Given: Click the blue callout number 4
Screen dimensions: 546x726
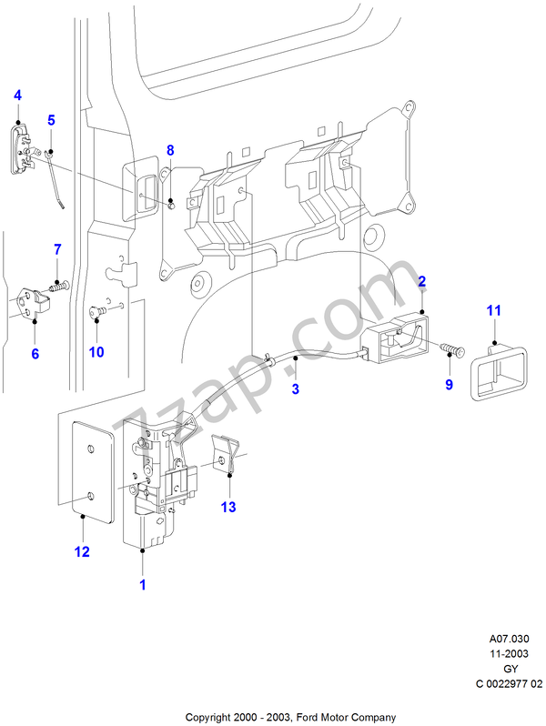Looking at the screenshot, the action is click(17, 96).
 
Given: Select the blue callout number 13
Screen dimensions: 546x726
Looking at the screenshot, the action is click(228, 507).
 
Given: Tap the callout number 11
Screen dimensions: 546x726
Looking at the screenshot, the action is click(494, 310).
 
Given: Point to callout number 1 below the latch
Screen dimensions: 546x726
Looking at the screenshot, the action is click(143, 585).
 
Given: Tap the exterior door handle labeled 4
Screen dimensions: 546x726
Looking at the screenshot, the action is click(21, 148).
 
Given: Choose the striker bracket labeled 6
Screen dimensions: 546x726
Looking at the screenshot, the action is click(34, 303).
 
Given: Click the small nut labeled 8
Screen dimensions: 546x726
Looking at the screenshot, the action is click(170, 204).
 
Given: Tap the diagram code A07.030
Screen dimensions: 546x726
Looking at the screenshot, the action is click(509, 639).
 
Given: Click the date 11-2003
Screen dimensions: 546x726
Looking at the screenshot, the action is click(509, 654).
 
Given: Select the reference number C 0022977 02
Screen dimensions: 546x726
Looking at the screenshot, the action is click(509, 684).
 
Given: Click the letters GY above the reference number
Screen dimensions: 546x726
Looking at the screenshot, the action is click(511, 669).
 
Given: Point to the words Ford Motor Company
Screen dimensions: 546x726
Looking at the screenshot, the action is click(347, 718).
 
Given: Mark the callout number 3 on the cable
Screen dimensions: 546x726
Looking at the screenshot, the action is click(296, 389).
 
